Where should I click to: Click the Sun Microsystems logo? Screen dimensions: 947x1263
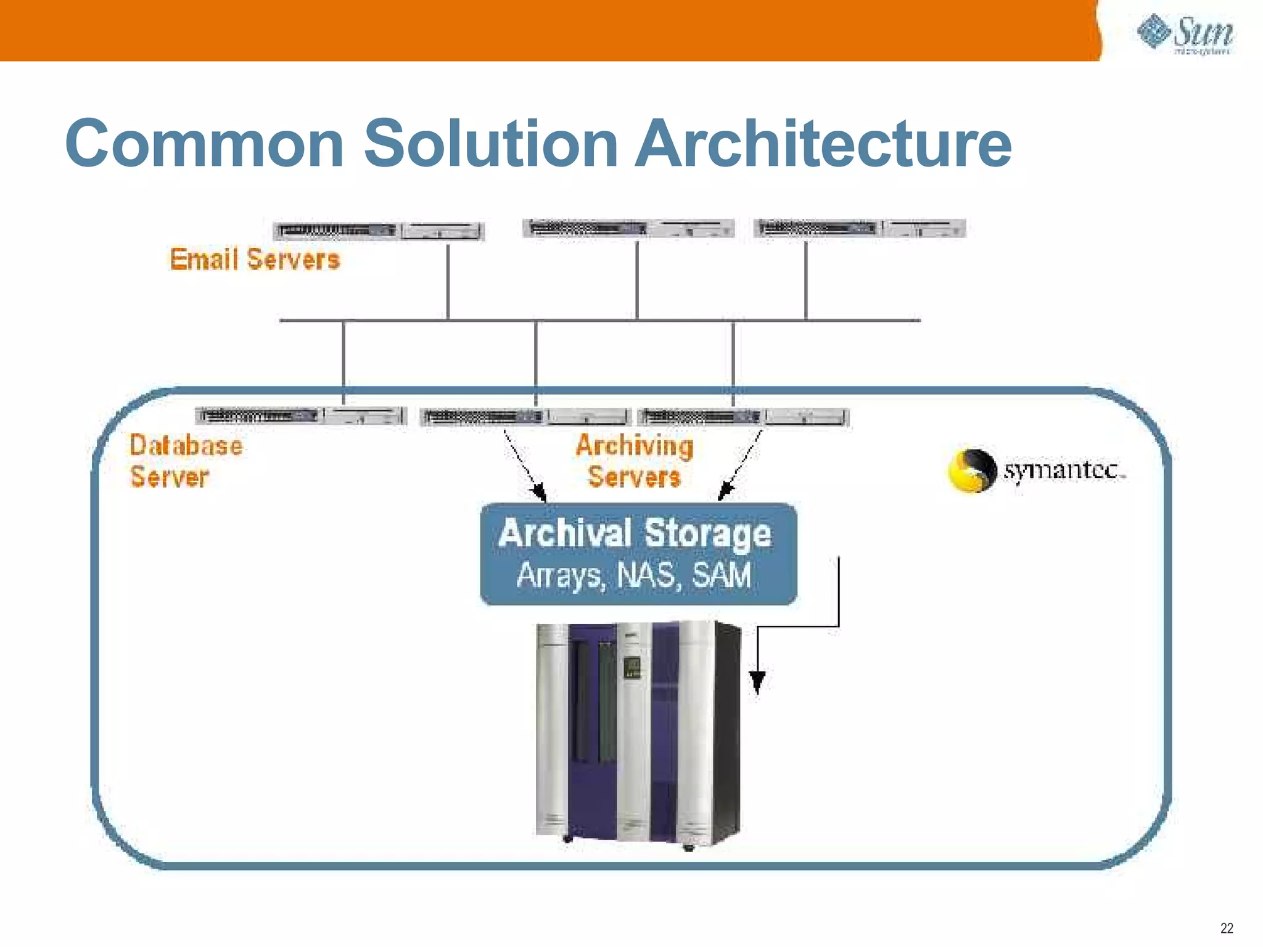point(1185,34)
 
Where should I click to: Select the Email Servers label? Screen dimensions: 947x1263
point(255,260)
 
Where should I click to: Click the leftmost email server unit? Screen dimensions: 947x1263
point(379,231)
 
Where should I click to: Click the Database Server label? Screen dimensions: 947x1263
point(185,461)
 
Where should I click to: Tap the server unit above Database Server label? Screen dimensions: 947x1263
point(301,416)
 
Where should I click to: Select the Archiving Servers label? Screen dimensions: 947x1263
point(635,461)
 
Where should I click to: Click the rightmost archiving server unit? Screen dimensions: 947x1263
point(744,417)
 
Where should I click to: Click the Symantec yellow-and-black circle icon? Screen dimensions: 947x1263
point(971,470)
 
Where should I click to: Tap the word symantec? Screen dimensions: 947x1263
point(1063,470)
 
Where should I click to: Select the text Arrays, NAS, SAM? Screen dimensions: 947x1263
point(635,575)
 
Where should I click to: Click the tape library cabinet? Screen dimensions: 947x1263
point(638,734)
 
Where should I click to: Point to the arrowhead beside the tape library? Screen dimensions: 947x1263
point(757,681)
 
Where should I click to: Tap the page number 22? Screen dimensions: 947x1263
point(1227,928)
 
